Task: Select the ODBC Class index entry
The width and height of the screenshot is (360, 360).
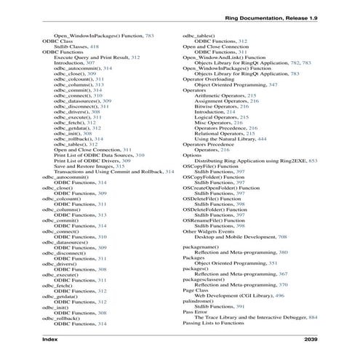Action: pos(57,41)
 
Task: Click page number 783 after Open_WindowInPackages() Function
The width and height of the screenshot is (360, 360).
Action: pos(149,35)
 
